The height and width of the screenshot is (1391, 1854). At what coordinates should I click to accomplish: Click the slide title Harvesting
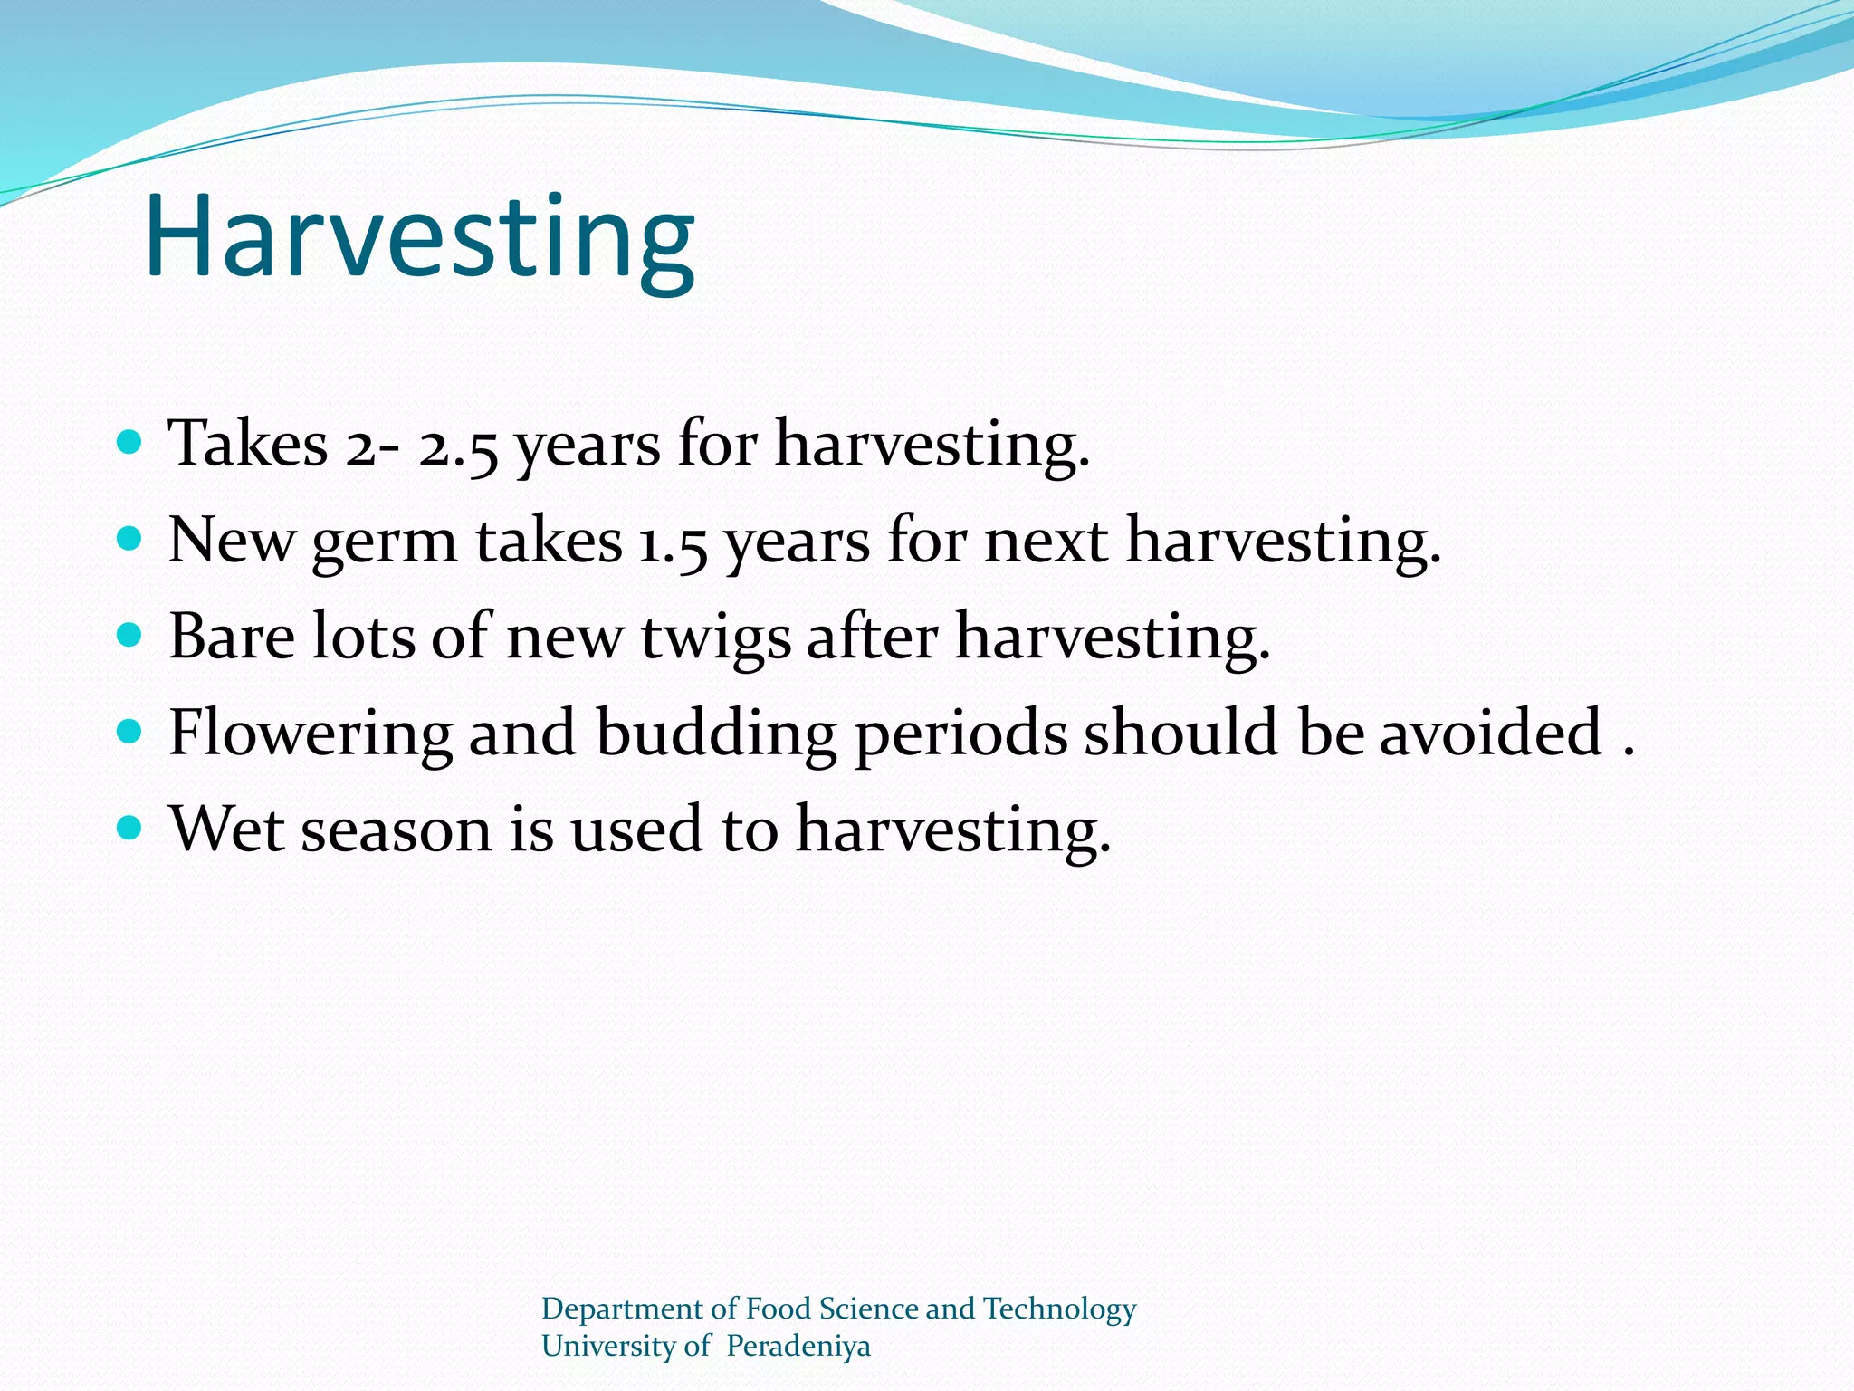419,237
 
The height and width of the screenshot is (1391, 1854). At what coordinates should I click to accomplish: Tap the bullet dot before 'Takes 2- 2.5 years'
130,443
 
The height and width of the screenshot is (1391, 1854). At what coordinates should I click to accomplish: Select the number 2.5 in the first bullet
458,446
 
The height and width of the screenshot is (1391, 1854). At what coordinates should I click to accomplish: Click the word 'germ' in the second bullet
385,542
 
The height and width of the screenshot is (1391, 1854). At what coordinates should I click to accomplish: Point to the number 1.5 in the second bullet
673,542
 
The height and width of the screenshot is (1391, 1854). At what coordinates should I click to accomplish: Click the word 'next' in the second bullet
1046,542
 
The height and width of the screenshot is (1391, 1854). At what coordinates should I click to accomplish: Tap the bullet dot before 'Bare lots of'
130,635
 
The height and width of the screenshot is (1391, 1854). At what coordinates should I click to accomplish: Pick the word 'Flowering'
311,734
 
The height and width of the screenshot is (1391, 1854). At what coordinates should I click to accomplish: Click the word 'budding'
716,734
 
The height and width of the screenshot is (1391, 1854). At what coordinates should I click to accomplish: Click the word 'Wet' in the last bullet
226,830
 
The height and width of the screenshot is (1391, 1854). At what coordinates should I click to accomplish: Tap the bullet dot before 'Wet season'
130,827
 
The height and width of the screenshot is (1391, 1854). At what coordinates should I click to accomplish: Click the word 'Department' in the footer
622,1309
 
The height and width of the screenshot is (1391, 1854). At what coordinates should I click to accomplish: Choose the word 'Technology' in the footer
1059,1309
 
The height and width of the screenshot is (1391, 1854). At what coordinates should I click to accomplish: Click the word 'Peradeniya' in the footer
798,1347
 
